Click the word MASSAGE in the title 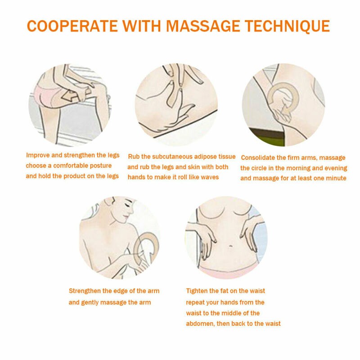tap(203, 26)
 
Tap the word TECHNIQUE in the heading tap(288, 26)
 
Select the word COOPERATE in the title tap(72, 26)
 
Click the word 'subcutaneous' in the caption tap(172, 157)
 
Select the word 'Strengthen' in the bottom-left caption tap(85, 291)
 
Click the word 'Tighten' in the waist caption tap(197, 291)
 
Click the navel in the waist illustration tap(231, 247)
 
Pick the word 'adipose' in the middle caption tap(205, 157)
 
